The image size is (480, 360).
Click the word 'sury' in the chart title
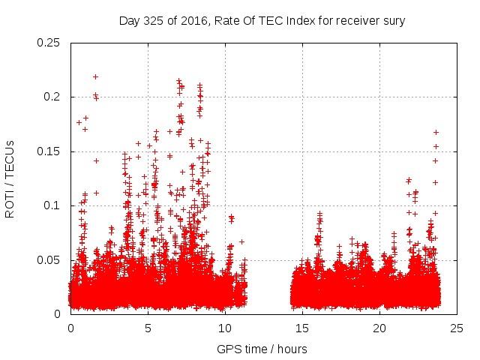coord(394,21)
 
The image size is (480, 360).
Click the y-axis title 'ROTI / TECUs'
coord(10,178)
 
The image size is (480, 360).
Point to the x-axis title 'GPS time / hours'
coord(262,349)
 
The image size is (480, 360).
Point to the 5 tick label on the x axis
coord(148,328)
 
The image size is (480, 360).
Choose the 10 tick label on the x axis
coord(225,328)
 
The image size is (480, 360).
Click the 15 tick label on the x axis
coord(302,328)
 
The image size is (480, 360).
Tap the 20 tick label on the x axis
coord(379,328)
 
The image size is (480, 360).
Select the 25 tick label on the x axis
coord(457,328)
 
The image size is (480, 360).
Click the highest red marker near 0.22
coord(95,76)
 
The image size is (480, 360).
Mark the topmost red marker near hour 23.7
coord(436,133)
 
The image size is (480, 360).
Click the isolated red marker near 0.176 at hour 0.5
coord(79,122)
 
